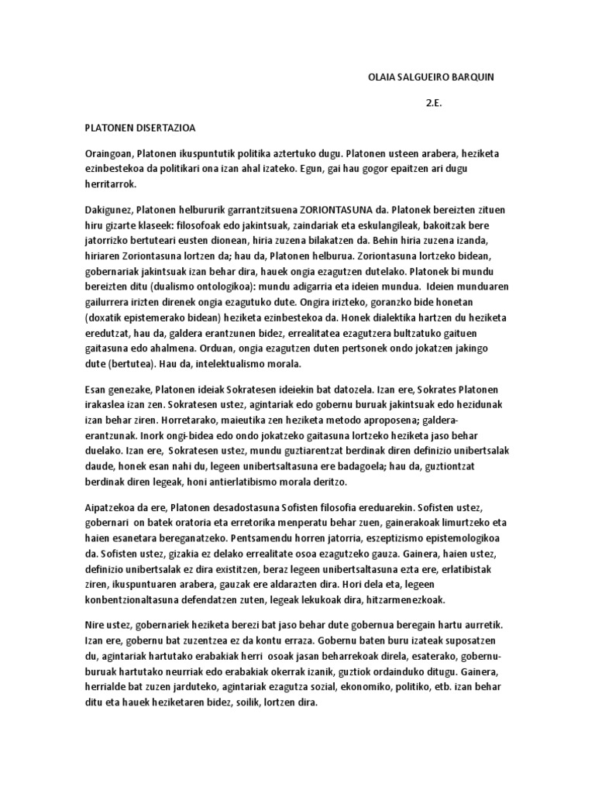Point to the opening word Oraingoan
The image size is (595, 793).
pyautogui.click(x=108, y=154)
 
